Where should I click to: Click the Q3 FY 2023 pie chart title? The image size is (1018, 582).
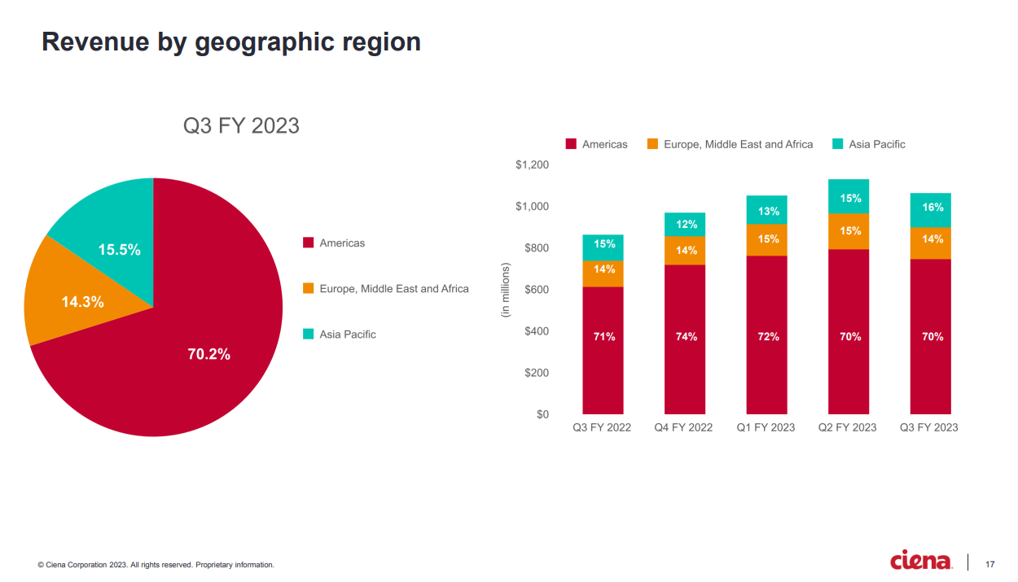(241, 125)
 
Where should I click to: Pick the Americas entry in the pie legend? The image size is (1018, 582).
(342, 243)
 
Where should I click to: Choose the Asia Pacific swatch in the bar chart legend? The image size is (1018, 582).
(837, 144)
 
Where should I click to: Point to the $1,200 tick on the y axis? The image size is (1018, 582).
(533, 165)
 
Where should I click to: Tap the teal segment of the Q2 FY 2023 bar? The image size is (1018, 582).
(849, 197)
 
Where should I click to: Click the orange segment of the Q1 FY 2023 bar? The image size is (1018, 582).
(767, 239)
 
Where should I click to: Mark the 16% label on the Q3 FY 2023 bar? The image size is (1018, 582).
(932, 208)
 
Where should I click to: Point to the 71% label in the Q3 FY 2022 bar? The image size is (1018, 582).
(603, 336)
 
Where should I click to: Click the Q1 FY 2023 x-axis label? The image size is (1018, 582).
(766, 427)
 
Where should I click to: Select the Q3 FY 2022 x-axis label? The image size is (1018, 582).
(602, 427)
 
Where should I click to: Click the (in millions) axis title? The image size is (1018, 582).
(505, 290)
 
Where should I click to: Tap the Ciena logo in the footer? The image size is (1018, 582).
(921, 562)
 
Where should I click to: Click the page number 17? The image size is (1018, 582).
(989, 563)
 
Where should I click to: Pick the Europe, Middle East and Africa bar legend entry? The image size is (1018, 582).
(738, 144)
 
